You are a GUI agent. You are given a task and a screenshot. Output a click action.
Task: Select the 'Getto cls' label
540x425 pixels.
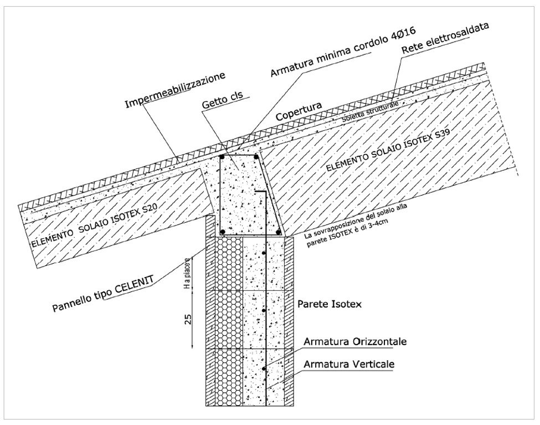(223, 99)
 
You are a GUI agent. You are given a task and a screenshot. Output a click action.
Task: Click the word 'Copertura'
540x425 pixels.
(299, 111)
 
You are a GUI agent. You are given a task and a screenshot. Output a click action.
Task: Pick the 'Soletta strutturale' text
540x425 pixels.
(370, 111)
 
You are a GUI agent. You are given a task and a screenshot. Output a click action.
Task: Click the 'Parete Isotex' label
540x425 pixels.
(330, 304)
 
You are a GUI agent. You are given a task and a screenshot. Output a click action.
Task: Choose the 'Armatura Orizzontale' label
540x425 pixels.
(355, 341)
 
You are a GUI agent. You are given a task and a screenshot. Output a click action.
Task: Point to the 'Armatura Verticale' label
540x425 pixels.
(349, 365)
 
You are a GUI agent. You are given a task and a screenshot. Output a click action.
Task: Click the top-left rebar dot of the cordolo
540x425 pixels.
(222, 157)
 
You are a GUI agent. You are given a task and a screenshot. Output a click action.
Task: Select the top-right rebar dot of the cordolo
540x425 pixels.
(256, 157)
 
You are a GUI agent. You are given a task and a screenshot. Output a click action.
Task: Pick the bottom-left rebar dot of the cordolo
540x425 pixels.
(223, 231)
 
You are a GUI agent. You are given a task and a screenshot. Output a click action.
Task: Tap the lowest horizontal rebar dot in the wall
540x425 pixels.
(264, 368)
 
